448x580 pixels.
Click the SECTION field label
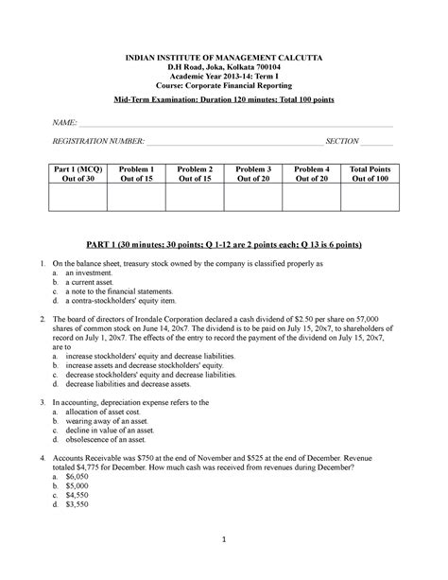click(341, 141)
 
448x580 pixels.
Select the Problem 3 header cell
click(252, 173)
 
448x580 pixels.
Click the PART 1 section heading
click(224, 244)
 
